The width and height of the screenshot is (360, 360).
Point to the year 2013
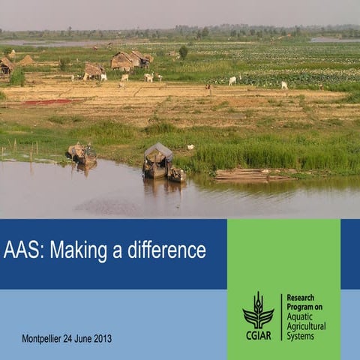pyautogui.click(x=102, y=339)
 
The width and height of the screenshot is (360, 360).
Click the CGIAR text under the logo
pyautogui.click(x=258, y=334)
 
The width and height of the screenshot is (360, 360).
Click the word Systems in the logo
pyautogui.click(x=301, y=336)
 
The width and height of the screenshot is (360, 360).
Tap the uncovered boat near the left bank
pyautogui.click(x=82, y=154)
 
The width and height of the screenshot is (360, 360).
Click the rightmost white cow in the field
pyautogui.click(x=284, y=85)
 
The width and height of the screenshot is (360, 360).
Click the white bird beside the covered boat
pyautogui.click(x=190, y=147)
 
